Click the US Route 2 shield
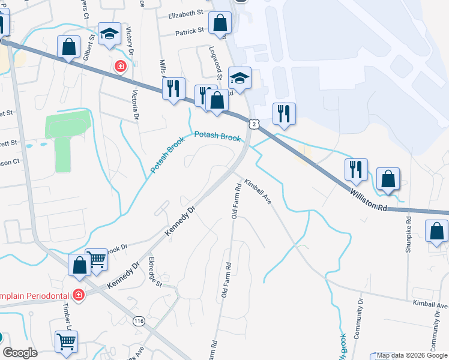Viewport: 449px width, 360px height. tap(256, 123)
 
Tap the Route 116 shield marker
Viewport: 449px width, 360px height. tap(140, 321)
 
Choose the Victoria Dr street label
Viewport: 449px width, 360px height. tap(135, 104)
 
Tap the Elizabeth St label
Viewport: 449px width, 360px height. tap(186, 14)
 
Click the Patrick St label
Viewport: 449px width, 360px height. tap(192, 34)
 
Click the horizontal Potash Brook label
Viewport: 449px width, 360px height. tap(217, 137)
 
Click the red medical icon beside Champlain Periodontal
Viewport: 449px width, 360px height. tap(78, 295)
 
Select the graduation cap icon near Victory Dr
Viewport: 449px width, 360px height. tap(110, 34)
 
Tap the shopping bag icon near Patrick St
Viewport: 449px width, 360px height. tap(220, 23)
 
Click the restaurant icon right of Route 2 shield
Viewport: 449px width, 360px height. tap(283, 113)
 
